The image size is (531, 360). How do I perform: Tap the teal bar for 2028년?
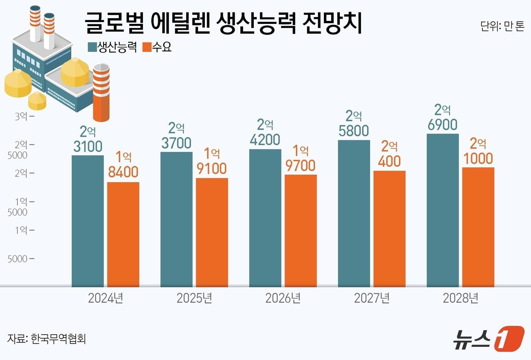[442, 210]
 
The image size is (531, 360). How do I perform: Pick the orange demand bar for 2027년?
[389, 229]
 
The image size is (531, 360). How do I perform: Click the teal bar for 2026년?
[265, 218]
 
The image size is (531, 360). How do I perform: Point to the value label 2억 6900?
[442, 117]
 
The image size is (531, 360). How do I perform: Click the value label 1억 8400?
[123, 164]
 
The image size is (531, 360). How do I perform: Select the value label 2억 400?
[389, 154]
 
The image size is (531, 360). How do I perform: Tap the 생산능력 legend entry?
[113, 47]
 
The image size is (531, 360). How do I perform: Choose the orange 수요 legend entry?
[157, 47]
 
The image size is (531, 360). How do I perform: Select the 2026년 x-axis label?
[283, 298]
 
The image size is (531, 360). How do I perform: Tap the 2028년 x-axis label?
[460, 298]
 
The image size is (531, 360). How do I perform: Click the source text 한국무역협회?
[58, 338]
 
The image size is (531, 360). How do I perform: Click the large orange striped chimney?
[101, 93]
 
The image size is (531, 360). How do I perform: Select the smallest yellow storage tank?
[37, 100]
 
